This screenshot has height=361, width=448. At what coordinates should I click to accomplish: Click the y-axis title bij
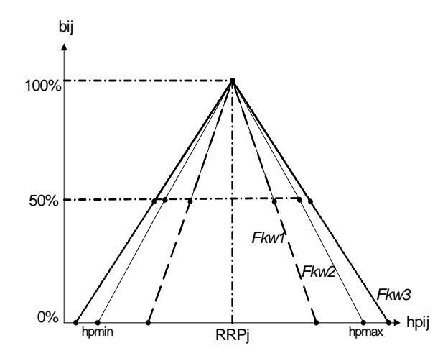(x=66, y=27)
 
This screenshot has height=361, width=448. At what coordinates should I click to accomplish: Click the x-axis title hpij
(x=418, y=323)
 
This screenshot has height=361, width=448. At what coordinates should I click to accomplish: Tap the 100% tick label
(x=43, y=86)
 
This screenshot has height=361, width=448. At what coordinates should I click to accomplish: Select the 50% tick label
(x=44, y=201)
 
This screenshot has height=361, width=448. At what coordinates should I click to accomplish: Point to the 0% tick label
(x=48, y=317)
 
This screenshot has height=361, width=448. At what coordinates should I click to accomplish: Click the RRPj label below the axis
(x=233, y=335)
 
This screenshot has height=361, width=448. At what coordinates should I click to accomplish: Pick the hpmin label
(x=98, y=332)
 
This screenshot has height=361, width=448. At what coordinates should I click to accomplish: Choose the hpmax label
(x=366, y=332)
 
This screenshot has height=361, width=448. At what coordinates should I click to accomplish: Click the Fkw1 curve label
(x=269, y=238)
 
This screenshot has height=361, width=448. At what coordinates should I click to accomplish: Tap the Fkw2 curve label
(x=318, y=271)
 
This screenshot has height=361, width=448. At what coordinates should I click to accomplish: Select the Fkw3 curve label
(x=394, y=295)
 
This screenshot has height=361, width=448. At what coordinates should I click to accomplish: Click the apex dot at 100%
(x=233, y=81)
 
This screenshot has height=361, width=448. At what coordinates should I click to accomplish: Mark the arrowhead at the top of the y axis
(x=65, y=47)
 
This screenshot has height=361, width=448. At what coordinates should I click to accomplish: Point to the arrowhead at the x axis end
(x=396, y=323)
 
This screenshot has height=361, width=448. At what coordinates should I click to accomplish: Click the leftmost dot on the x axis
(x=75, y=323)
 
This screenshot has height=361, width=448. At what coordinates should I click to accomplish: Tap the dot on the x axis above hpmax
(x=363, y=323)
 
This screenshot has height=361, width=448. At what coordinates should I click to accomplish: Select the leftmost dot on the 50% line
(x=154, y=201)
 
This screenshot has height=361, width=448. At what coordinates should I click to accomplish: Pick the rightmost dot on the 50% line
(x=311, y=201)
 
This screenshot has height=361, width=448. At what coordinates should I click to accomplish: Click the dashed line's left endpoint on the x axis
(x=148, y=323)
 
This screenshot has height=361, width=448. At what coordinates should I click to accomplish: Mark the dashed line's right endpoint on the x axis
(x=317, y=323)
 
